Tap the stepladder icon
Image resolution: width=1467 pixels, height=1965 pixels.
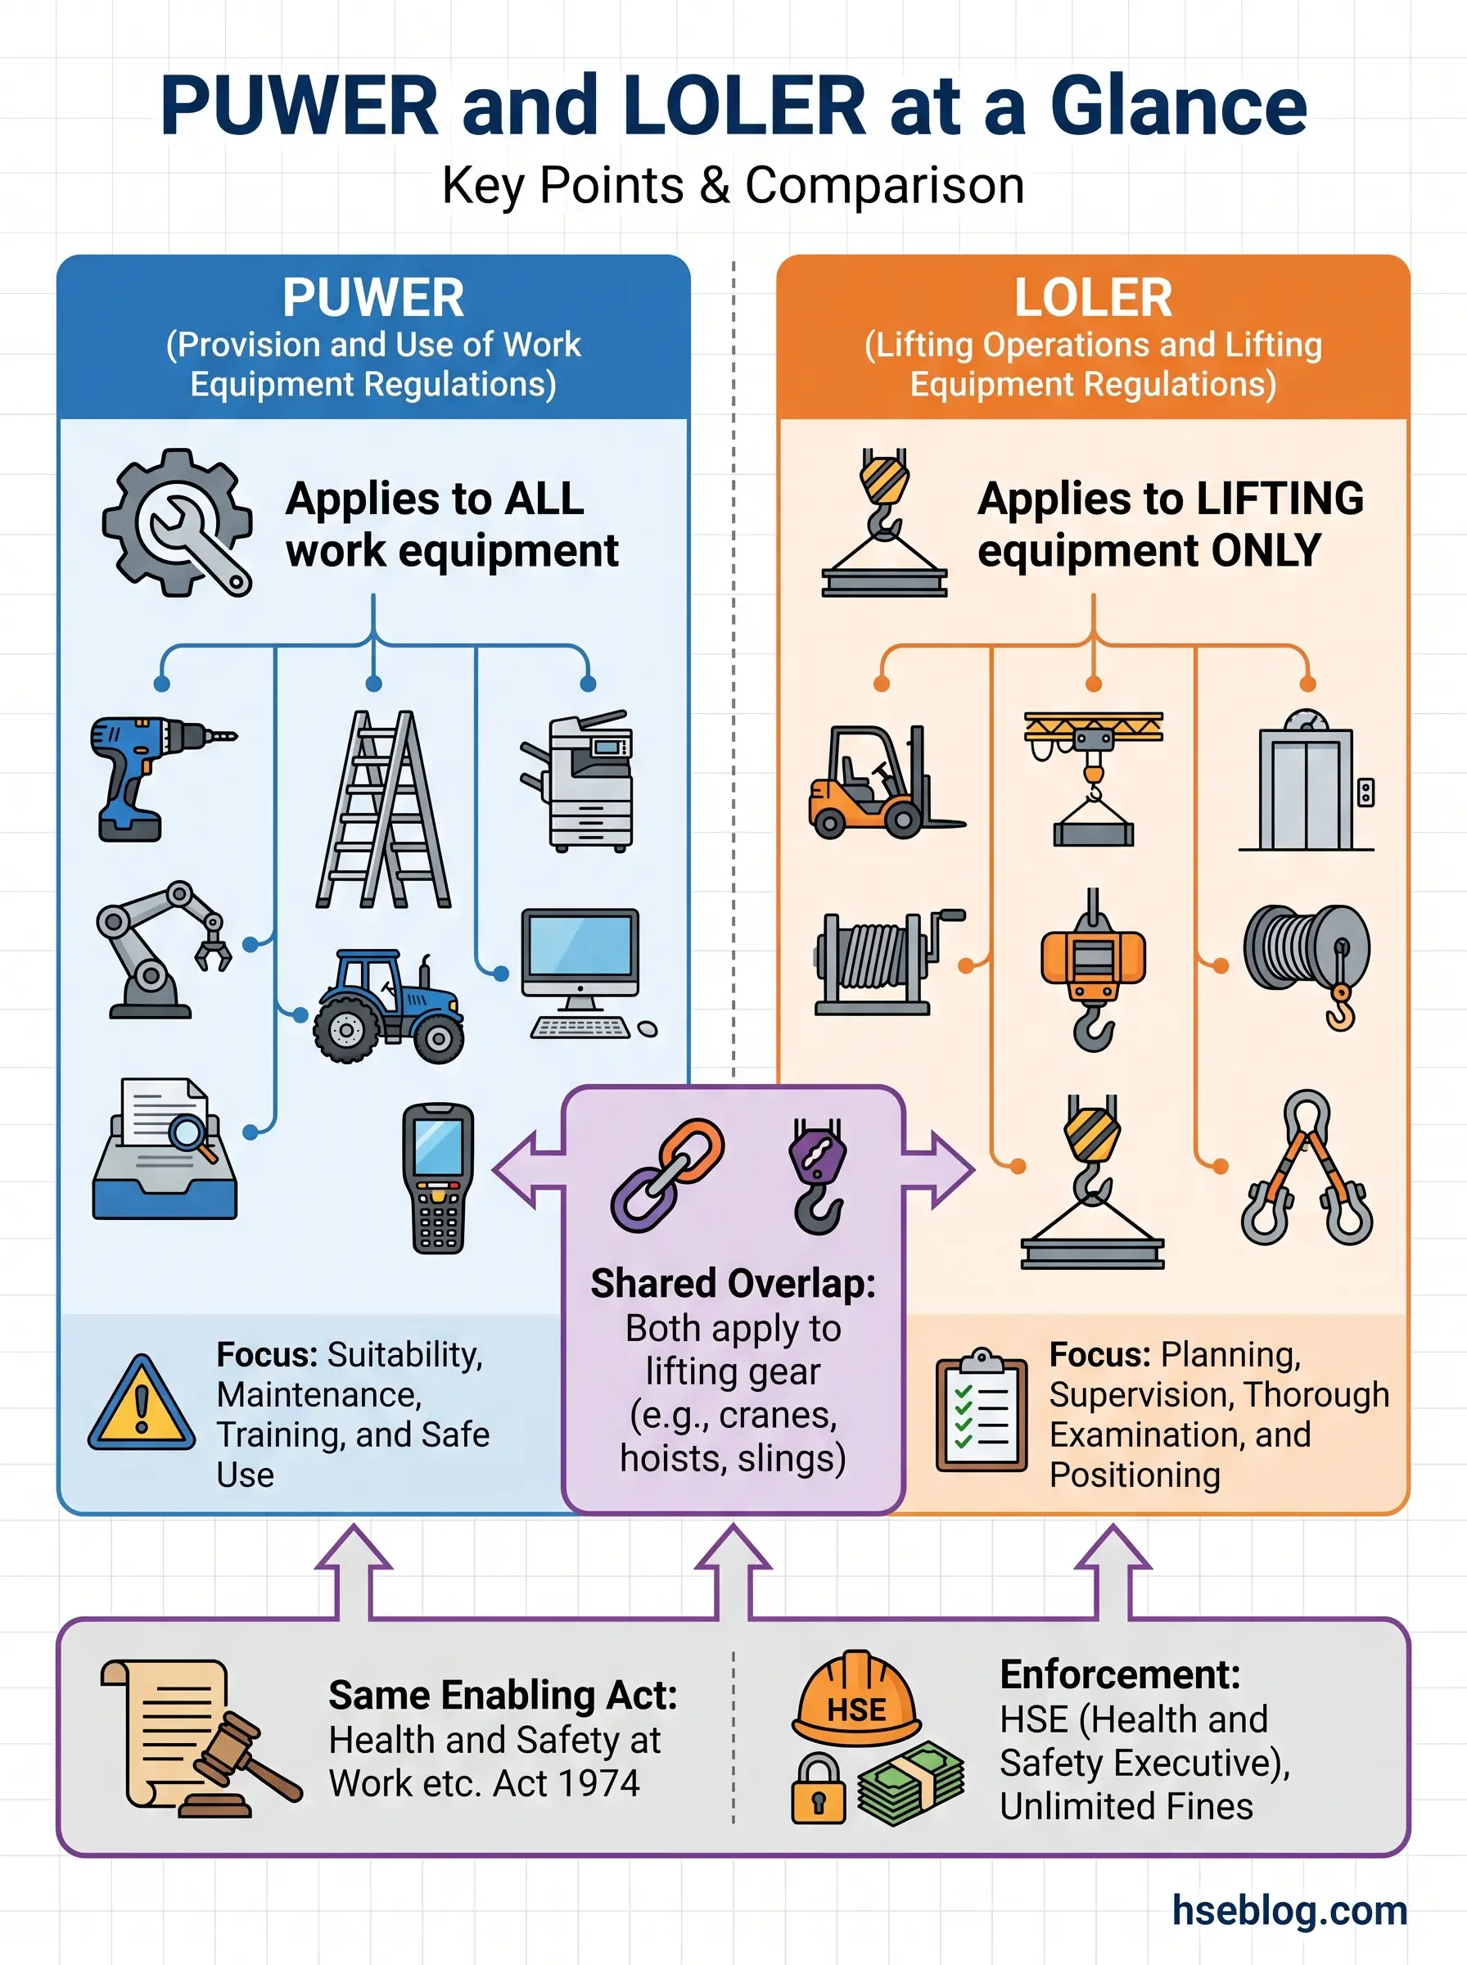(384, 809)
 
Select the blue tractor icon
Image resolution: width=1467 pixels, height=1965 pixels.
(388, 1006)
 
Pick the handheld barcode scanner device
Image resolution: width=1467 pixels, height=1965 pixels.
(438, 1177)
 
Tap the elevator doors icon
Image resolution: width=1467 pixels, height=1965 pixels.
(1307, 790)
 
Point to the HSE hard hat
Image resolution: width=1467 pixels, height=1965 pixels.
(856, 1699)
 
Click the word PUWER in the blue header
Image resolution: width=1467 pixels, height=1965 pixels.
(373, 297)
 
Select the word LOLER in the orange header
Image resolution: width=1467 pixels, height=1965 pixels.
(1093, 297)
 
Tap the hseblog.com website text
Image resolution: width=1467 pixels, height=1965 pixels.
(1289, 1910)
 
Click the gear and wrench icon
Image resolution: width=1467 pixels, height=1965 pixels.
(178, 524)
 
